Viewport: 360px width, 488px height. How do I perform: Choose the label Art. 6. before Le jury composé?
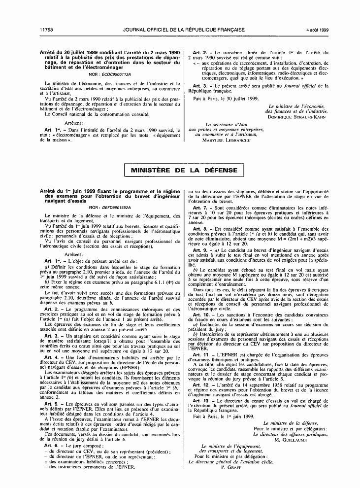point(50,445)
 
